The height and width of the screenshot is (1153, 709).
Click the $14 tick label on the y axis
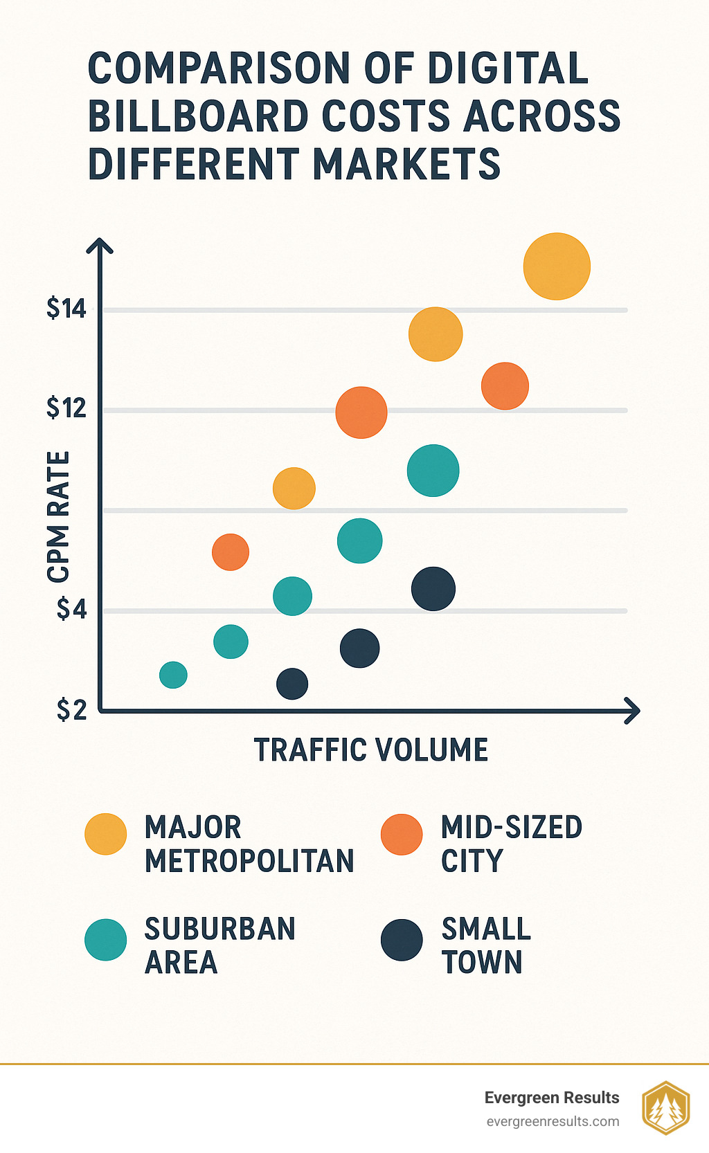pyautogui.click(x=66, y=308)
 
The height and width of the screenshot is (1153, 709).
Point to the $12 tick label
pyautogui.click(x=66, y=408)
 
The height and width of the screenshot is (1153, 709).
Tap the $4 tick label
pyautogui.click(x=71, y=609)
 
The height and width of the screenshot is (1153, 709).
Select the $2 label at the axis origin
pyautogui.click(x=71, y=710)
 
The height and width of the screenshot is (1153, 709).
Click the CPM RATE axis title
pyautogui.click(x=59, y=516)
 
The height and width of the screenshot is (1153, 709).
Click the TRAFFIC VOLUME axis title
pyautogui.click(x=371, y=750)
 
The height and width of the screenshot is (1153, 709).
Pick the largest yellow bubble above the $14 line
pyautogui.click(x=557, y=266)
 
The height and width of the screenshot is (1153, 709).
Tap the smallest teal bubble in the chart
pyautogui.click(x=173, y=675)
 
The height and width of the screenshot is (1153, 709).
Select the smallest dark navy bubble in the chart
pyautogui.click(x=292, y=684)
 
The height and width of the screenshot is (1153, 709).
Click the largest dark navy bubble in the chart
pyautogui.click(x=433, y=589)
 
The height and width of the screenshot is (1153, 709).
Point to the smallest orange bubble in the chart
pyautogui.click(x=231, y=552)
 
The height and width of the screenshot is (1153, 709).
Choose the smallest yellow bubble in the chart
pyautogui.click(x=294, y=489)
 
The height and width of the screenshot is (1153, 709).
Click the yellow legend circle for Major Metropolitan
pyautogui.click(x=106, y=834)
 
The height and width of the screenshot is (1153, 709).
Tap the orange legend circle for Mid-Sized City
pyautogui.click(x=402, y=834)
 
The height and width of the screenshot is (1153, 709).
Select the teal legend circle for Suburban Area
pyautogui.click(x=106, y=940)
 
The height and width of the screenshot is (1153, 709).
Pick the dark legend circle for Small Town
pyautogui.click(x=402, y=940)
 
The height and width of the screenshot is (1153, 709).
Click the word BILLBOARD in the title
pyautogui.click(x=198, y=116)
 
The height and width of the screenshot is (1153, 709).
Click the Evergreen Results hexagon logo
pyautogui.click(x=665, y=1107)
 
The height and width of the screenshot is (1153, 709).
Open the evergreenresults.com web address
pyautogui.click(x=553, y=1122)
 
